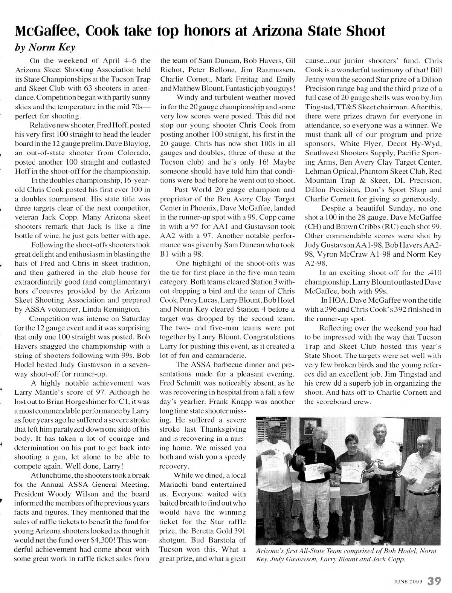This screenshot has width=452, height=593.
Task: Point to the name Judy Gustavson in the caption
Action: [x=289, y=559]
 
